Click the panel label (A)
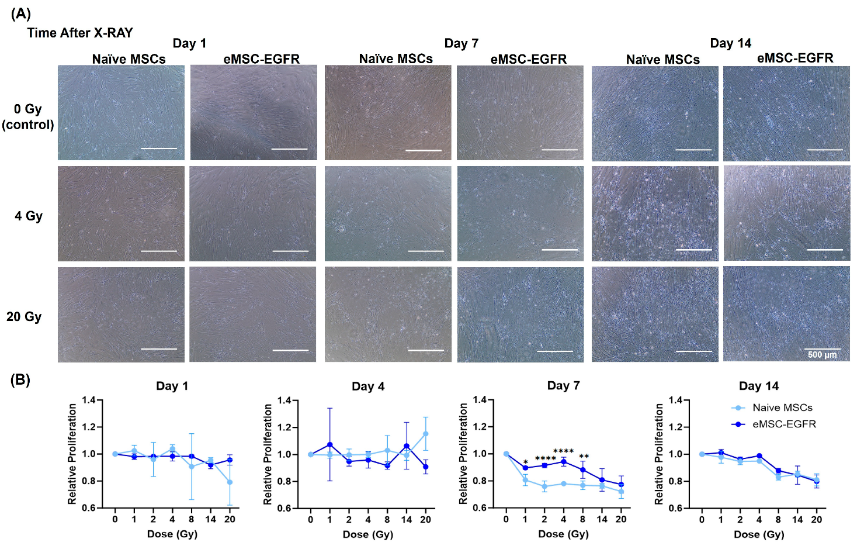(x=21, y=13)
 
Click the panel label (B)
(x=20, y=379)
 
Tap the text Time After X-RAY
(x=80, y=33)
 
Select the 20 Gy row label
(x=24, y=317)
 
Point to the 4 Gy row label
(x=29, y=216)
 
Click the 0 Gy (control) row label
(x=28, y=117)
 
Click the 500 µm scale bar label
(x=822, y=355)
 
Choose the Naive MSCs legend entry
(x=782, y=408)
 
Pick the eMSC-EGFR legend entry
(x=783, y=424)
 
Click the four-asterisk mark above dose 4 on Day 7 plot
(x=563, y=451)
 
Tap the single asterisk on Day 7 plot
(x=526, y=462)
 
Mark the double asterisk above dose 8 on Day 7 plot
(x=583, y=457)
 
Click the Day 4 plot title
(x=368, y=386)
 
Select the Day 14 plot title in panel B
(x=758, y=386)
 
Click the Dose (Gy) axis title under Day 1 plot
(x=172, y=534)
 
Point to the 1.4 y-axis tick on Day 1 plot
(x=89, y=400)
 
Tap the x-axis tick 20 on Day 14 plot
(x=816, y=519)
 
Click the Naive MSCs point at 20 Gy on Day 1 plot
(x=230, y=482)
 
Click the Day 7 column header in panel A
(x=461, y=43)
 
